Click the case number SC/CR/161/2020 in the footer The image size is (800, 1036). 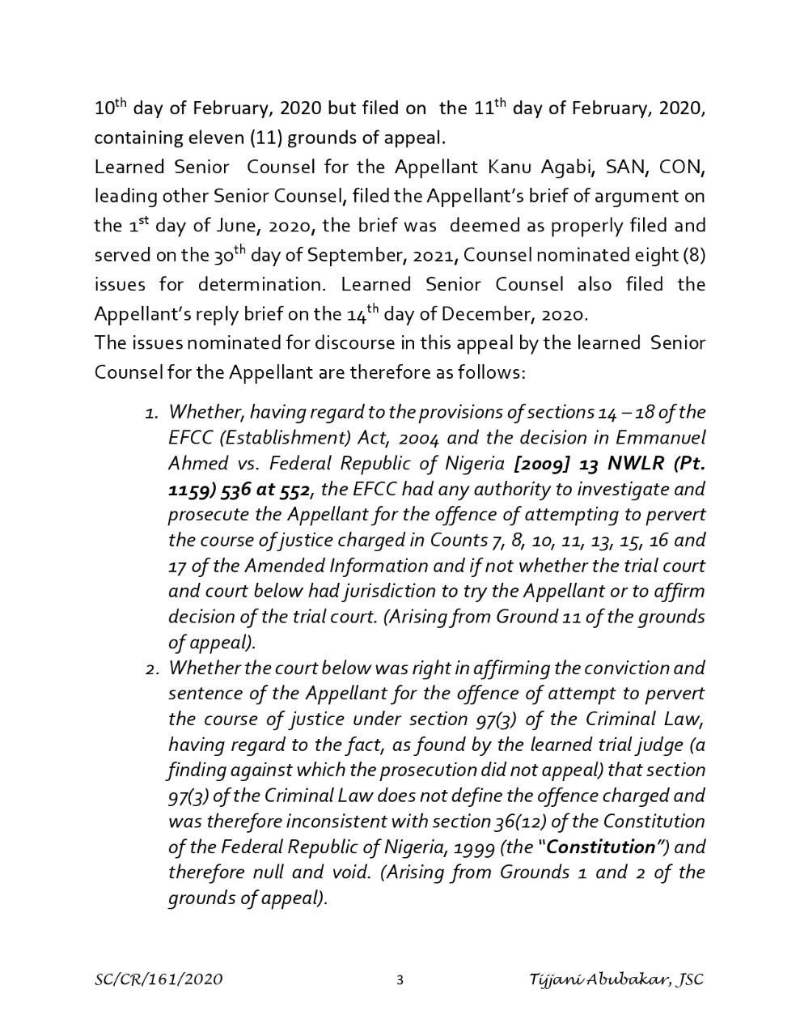click(159, 980)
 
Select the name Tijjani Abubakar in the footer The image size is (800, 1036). click(599, 980)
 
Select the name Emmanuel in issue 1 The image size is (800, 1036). click(660, 438)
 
